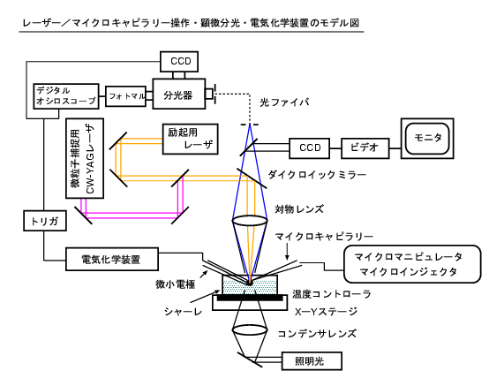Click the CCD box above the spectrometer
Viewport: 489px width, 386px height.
[179, 62]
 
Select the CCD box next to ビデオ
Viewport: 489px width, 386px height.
[309, 148]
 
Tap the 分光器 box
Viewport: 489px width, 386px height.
[179, 94]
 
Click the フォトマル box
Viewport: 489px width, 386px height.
[125, 96]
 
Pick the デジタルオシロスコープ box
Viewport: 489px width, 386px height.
[66, 96]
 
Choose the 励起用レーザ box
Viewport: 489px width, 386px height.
[191, 139]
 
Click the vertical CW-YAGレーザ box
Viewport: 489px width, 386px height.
[85, 158]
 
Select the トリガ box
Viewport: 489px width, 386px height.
[45, 221]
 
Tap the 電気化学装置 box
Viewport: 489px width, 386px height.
[112, 259]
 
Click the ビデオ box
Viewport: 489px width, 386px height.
[365, 148]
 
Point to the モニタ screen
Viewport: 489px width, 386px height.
[427, 139]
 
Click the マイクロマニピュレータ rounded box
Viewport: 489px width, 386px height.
[412, 264]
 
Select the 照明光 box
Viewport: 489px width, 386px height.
[312, 361]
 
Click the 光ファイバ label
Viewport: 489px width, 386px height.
[284, 102]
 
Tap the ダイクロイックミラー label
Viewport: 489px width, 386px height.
[317, 175]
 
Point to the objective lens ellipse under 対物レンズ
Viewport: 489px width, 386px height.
[250, 221]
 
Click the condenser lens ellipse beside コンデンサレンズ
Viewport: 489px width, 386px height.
[250, 329]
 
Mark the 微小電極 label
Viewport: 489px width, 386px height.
[176, 284]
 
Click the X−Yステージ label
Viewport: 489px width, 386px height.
[326, 312]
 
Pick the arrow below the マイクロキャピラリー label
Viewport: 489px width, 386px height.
[287, 252]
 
